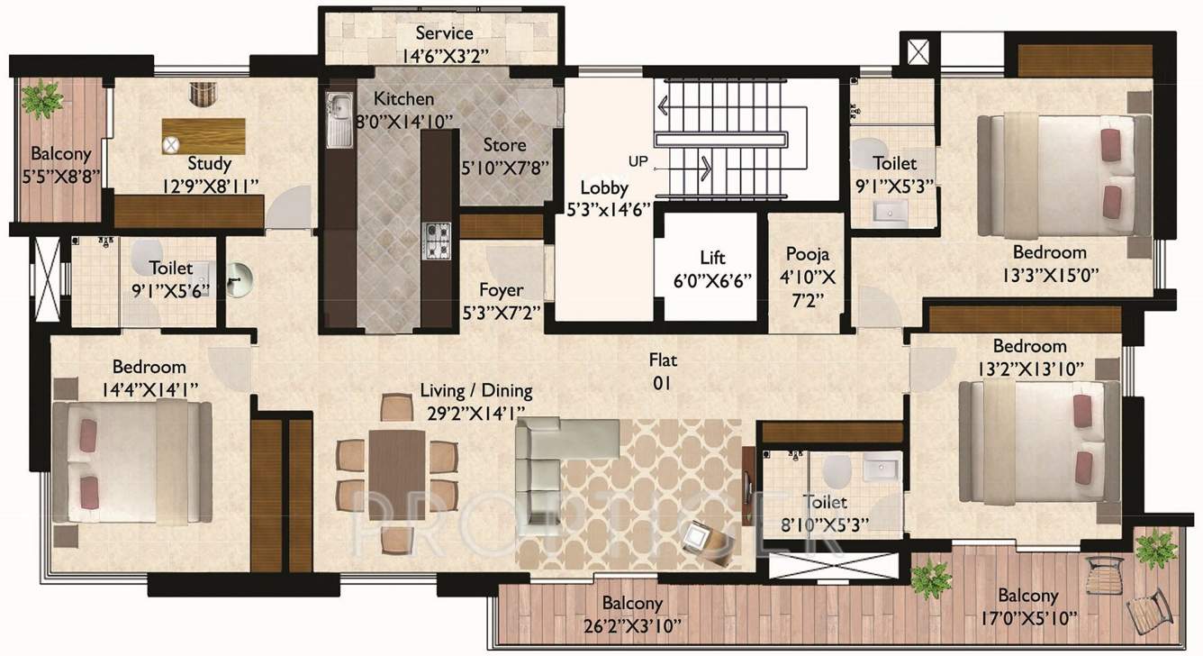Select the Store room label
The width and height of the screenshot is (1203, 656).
(x=504, y=145)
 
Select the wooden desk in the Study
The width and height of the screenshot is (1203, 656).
(x=204, y=136)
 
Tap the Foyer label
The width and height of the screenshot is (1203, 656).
(x=502, y=290)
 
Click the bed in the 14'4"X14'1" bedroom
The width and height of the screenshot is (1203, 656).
(x=131, y=461)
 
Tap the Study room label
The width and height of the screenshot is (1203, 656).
(x=210, y=164)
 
